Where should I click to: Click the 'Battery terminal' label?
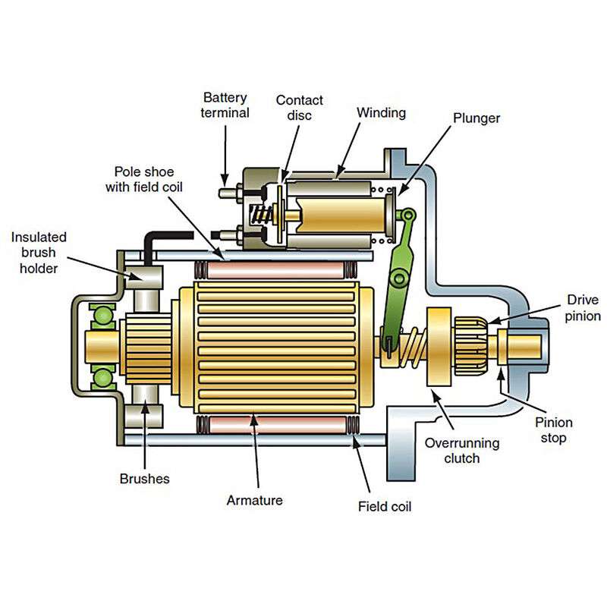[x=225, y=105]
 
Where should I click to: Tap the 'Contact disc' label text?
[x=299, y=108]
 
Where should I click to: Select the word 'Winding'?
[x=382, y=112]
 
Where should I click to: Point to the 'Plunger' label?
[x=476, y=118]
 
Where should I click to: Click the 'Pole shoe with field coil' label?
[x=144, y=179]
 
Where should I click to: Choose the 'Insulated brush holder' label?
[x=39, y=253]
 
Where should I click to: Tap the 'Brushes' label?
[x=144, y=479]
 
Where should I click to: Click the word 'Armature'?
[x=255, y=500]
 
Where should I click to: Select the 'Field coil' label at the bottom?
[x=385, y=506]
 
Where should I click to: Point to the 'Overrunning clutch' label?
[x=462, y=451]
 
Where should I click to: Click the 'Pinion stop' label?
[x=554, y=430]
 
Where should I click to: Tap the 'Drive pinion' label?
[x=583, y=308]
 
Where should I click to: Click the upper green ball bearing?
[x=103, y=315]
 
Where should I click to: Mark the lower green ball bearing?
[x=103, y=377]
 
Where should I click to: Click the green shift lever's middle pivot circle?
[x=399, y=278]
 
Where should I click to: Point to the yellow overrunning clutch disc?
[x=439, y=347]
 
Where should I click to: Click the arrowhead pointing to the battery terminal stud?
[x=225, y=181]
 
